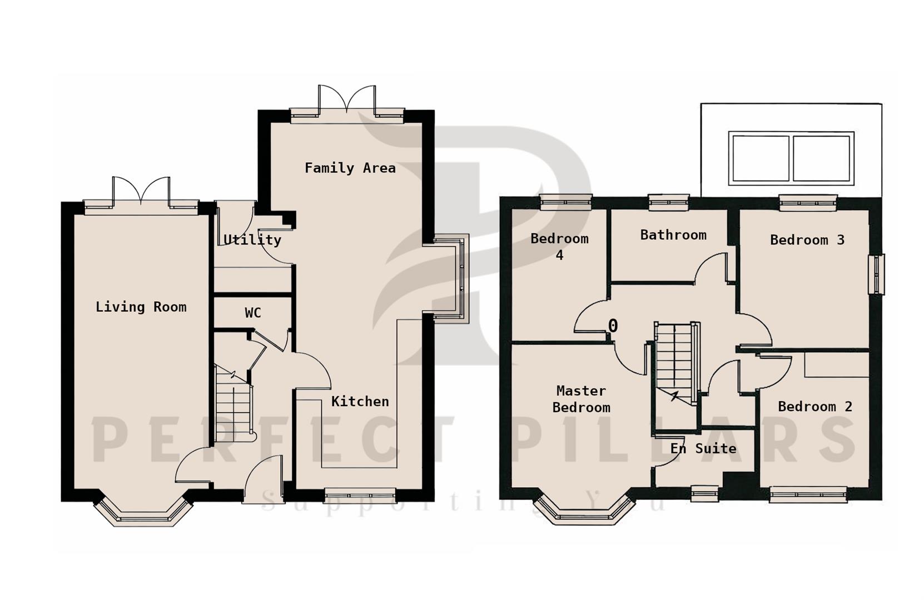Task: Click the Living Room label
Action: click(141, 307)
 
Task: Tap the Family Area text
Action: click(350, 168)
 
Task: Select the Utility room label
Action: click(252, 239)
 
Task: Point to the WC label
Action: click(253, 313)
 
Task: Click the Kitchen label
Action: click(360, 401)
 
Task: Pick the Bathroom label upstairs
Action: click(673, 235)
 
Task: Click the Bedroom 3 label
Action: click(807, 240)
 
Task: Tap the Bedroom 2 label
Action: click(814, 407)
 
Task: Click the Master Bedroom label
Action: click(581, 399)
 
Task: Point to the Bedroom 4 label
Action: click(559, 247)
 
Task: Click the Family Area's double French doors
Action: click(347, 103)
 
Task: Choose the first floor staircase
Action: click(675, 364)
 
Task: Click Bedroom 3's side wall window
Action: click(877, 274)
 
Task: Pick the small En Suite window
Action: click(704, 493)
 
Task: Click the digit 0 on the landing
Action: click(613, 326)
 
